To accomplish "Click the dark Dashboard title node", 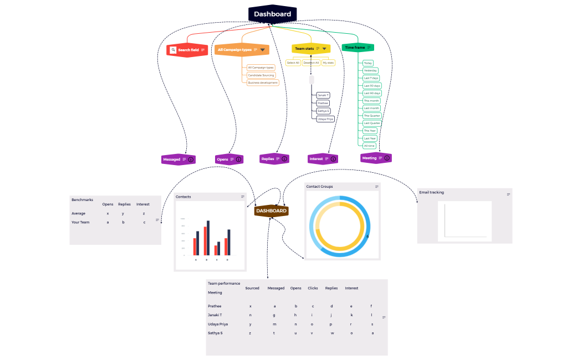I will click(272, 14).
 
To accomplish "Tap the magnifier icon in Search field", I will click(173, 50).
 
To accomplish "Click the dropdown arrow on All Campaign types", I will click(262, 50).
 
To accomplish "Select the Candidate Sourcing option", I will click(261, 75).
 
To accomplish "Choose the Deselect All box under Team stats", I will click(311, 63).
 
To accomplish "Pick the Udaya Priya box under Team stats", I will click(325, 119).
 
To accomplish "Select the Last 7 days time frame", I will click(371, 78).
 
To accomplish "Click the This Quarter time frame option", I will click(372, 115).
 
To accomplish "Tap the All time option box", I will click(369, 146).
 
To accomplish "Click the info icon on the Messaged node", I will click(191, 160).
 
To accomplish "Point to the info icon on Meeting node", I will click(387, 158).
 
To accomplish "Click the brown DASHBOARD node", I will click(272, 210).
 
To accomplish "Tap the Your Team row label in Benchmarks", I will click(80, 222).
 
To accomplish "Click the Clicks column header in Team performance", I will click(313, 288).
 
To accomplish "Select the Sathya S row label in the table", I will click(215, 333).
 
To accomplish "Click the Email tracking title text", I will click(431, 193).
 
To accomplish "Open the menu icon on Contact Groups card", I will click(377, 187).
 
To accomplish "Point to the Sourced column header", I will click(252, 288).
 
